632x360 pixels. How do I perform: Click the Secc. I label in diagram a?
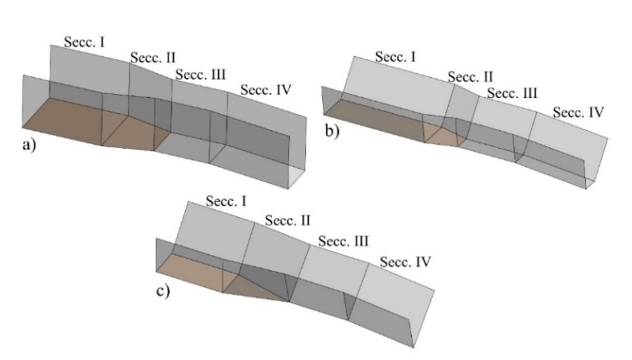point(85,42)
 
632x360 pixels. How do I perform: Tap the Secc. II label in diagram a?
point(153,58)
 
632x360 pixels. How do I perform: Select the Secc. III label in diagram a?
point(201,74)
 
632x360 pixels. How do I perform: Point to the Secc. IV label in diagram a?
point(266,90)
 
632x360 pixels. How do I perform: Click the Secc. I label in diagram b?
point(395,57)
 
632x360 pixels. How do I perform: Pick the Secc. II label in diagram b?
point(470,76)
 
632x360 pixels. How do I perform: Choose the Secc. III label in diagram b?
point(512,93)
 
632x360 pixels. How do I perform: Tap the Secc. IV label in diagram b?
point(578,113)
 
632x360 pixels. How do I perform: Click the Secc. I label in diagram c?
point(225,201)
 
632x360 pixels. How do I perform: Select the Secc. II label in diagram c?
point(288,221)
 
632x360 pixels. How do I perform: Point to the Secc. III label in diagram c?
point(344,241)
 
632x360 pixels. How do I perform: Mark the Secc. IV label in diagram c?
point(405,262)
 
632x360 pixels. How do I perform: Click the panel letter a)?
point(29,145)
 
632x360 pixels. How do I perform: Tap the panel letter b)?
point(332,131)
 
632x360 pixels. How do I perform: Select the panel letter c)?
point(163,291)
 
